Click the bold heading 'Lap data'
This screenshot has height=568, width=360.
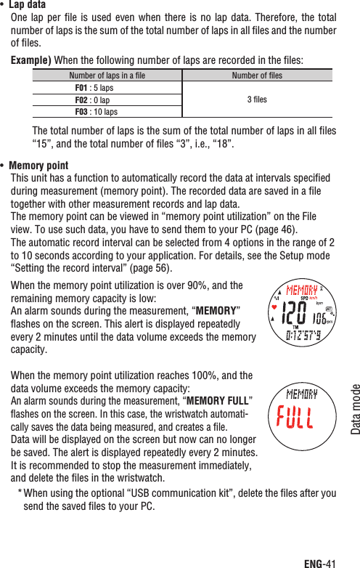point(27,5)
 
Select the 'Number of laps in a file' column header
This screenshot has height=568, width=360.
point(106,75)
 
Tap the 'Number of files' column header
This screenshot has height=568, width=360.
point(257,75)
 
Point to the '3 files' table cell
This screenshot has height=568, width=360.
point(257,100)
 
